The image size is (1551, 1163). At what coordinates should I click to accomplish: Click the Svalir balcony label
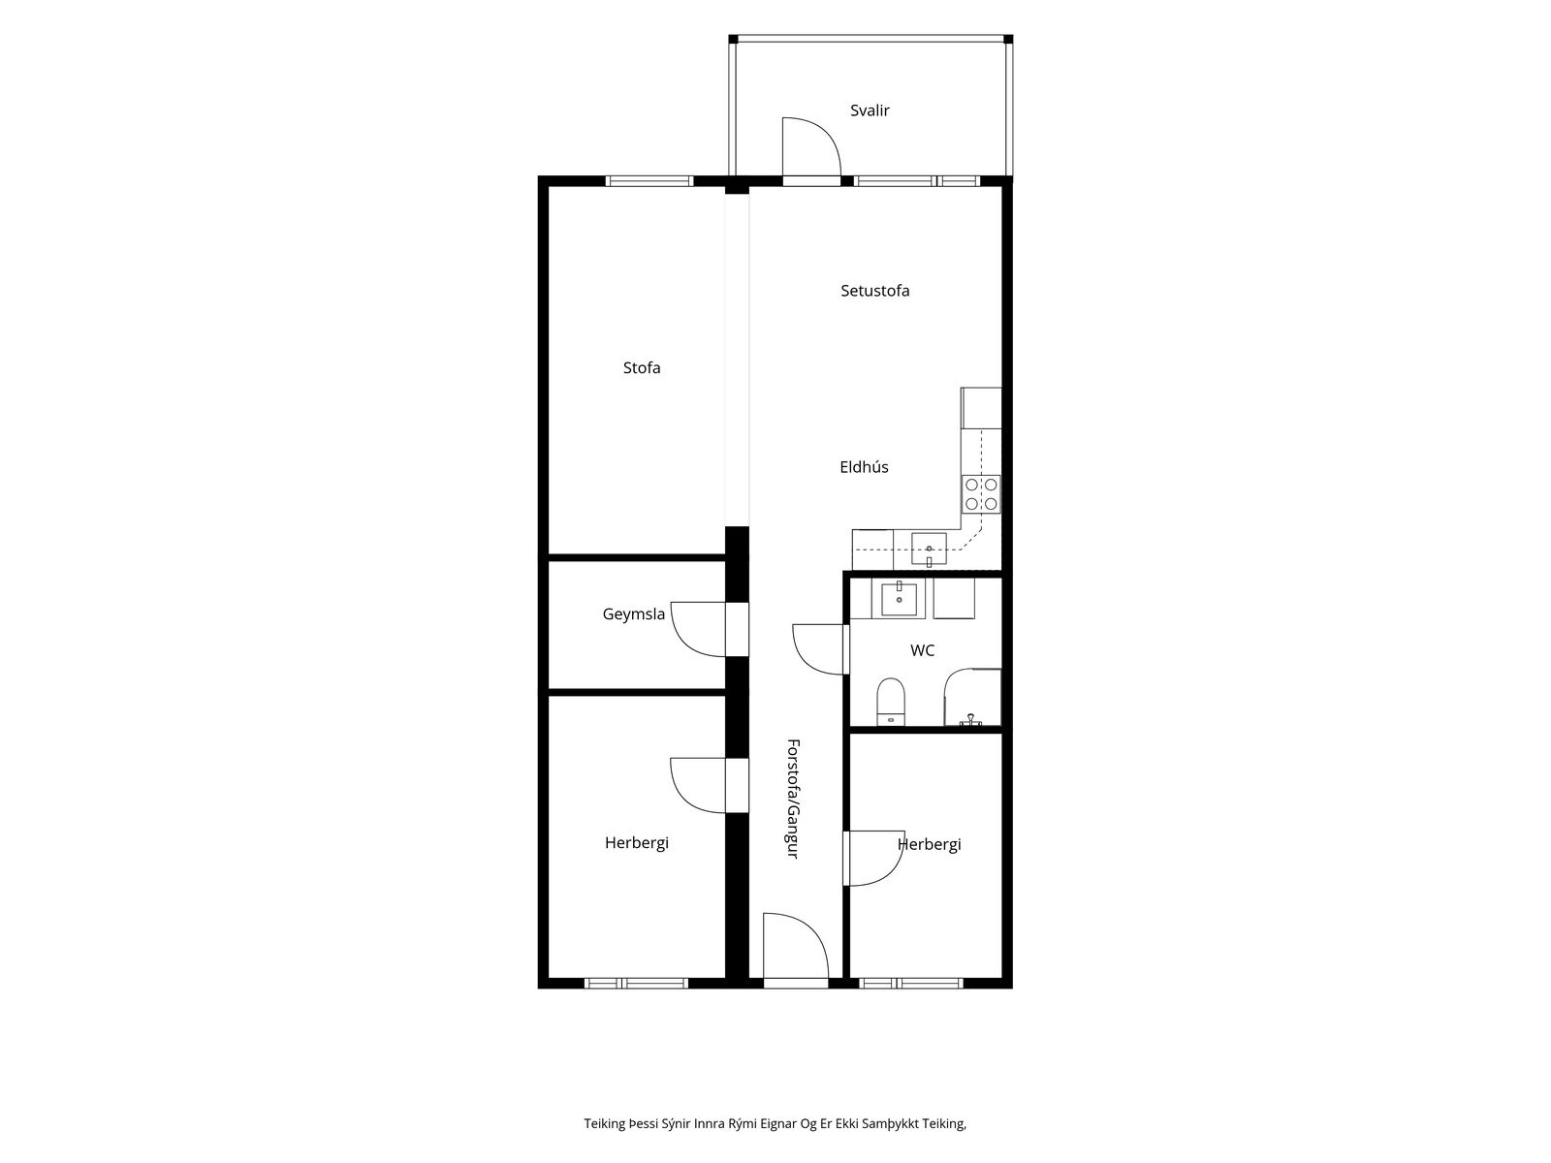pos(870,110)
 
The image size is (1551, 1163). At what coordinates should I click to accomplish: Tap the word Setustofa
pos(874,290)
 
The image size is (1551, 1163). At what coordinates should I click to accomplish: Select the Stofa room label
pos(642,367)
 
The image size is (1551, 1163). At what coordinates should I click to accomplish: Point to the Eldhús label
pos(864,467)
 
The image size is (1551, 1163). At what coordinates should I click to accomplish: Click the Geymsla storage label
pos(633,614)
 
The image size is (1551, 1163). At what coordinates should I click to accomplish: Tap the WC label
pos(922,650)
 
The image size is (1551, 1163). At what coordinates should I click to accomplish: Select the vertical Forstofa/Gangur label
pos(793,799)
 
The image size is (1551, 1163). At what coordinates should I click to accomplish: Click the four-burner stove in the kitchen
pos(981,493)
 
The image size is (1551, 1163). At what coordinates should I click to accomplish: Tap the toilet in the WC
pos(890,702)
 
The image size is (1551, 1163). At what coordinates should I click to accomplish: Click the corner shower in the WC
pos(973,697)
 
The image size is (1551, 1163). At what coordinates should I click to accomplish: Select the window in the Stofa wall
pos(649,181)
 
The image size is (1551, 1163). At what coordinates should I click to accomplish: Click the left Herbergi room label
pos(637,842)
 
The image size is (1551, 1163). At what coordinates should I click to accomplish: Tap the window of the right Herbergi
pos(911,983)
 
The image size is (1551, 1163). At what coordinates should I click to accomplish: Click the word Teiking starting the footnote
pos(605,1123)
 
